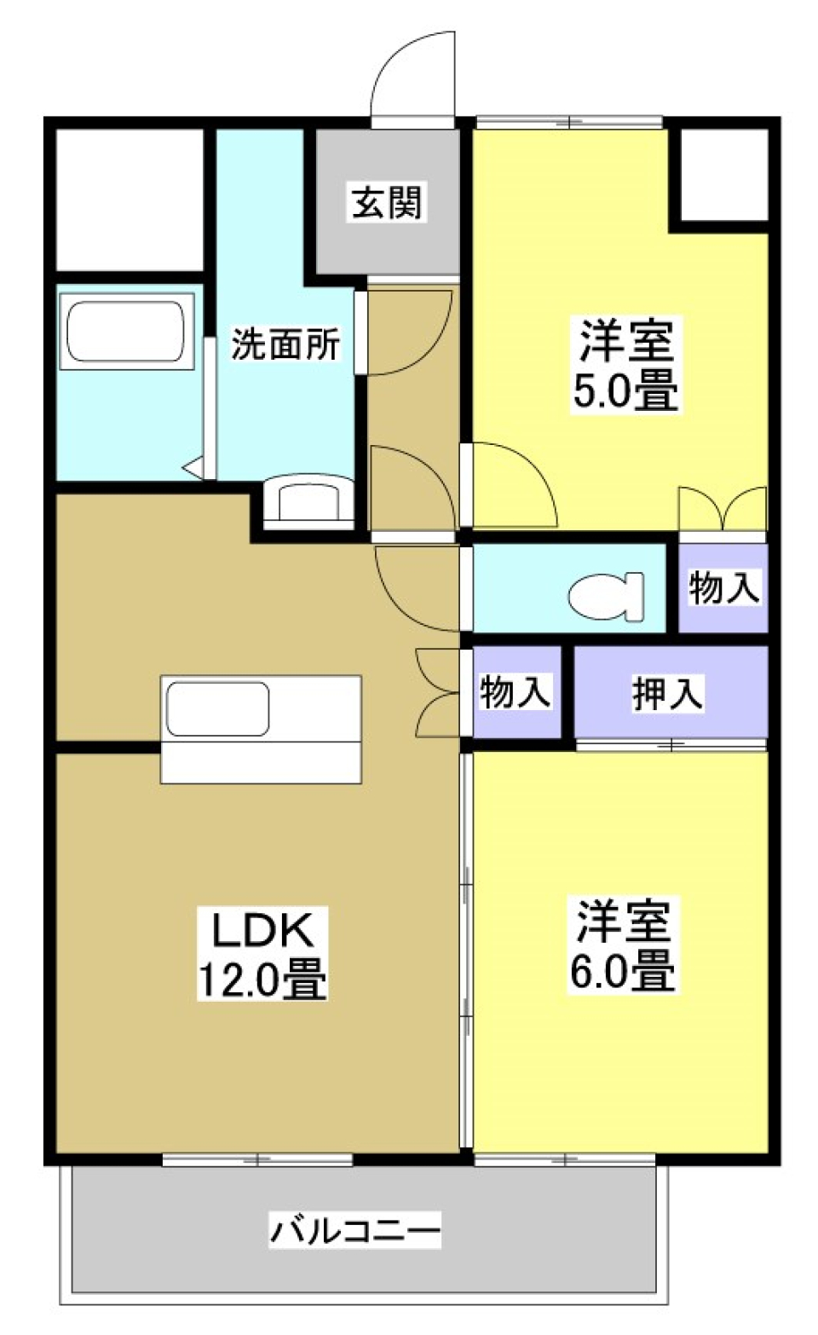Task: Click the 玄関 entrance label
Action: click(387, 203)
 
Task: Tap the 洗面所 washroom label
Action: click(285, 344)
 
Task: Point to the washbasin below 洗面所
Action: click(308, 501)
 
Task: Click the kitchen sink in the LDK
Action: click(218, 708)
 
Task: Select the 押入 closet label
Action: click(667, 693)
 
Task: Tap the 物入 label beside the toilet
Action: click(723, 588)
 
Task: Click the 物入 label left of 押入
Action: click(515, 691)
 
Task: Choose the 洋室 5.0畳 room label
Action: click(625, 365)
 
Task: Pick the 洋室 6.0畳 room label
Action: click(623, 945)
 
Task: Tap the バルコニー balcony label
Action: click(355, 1230)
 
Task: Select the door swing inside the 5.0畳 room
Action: click(511, 486)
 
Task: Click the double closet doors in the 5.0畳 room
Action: click(723, 510)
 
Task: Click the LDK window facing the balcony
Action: click(257, 1159)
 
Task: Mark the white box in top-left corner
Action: click(130, 199)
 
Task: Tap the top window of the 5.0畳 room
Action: click(569, 122)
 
